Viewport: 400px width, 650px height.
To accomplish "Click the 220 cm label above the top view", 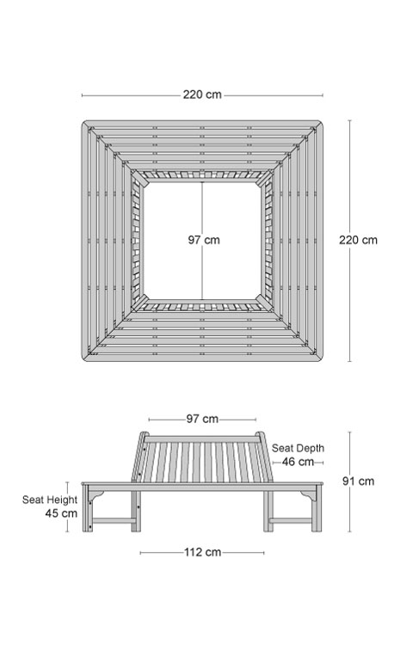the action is point(202,95).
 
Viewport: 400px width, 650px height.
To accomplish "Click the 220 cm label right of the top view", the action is point(358,240).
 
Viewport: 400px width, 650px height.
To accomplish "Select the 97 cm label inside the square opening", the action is point(203,240).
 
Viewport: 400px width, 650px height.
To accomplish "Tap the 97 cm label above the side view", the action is point(202,419).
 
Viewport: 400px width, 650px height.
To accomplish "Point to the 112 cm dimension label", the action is point(202,552).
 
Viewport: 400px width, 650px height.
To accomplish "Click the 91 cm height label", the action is point(358,481).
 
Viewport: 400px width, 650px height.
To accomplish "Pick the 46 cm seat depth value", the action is point(298,462).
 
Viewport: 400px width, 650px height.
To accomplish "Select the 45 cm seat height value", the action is point(61,513).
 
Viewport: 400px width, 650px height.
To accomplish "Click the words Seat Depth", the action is point(298,448).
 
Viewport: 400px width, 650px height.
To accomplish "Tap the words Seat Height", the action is point(50,500).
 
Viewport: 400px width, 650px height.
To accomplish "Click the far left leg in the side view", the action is point(86,508).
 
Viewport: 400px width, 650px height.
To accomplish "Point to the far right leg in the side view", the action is point(317,508).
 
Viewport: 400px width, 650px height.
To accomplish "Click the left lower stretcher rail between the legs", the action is point(112,521).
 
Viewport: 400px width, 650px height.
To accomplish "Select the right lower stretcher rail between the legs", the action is point(292,521).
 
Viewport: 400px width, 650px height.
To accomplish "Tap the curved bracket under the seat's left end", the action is point(98,494).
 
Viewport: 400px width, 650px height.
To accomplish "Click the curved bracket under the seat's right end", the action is point(306,494).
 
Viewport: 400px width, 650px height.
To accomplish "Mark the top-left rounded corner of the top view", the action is point(84,123).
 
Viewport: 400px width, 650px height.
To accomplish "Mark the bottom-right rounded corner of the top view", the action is point(320,359).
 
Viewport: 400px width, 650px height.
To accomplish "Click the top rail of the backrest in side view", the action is point(202,438).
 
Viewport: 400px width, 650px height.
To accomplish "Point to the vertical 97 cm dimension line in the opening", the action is point(202,241).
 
